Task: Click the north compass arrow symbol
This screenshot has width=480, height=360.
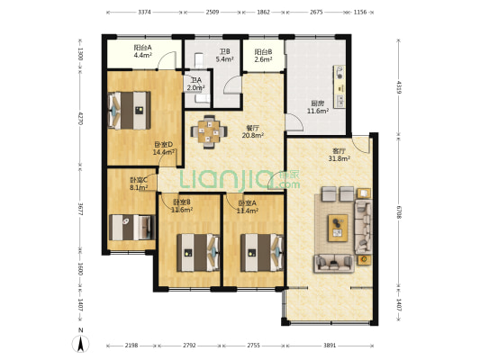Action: point(80,343)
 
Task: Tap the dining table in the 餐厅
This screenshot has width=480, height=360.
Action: point(209,131)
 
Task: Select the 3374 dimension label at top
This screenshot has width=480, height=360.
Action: point(144,13)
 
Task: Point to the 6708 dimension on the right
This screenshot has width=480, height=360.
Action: point(398,212)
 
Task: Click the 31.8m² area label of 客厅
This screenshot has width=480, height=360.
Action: point(340,158)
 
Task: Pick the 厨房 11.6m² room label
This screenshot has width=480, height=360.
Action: point(318,107)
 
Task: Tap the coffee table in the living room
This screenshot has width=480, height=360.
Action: point(338,228)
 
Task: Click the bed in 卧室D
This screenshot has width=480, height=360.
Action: point(129,110)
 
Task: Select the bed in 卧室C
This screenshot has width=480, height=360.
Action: point(132,228)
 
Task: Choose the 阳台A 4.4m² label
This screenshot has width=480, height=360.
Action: point(143,51)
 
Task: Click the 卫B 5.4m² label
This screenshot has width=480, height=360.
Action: point(225,56)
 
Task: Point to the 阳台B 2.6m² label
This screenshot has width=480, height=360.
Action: point(263,56)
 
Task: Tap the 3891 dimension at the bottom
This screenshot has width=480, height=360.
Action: point(330,346)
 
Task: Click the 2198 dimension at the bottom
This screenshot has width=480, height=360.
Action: point(131,346)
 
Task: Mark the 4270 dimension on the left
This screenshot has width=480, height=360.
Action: point(80,118)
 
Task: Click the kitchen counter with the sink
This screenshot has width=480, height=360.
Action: point(340,86)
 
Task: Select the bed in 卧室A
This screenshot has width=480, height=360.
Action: point(262,253)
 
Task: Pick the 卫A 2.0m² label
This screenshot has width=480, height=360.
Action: point(196,84)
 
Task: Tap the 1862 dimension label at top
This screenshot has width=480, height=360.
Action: point(263,13)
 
